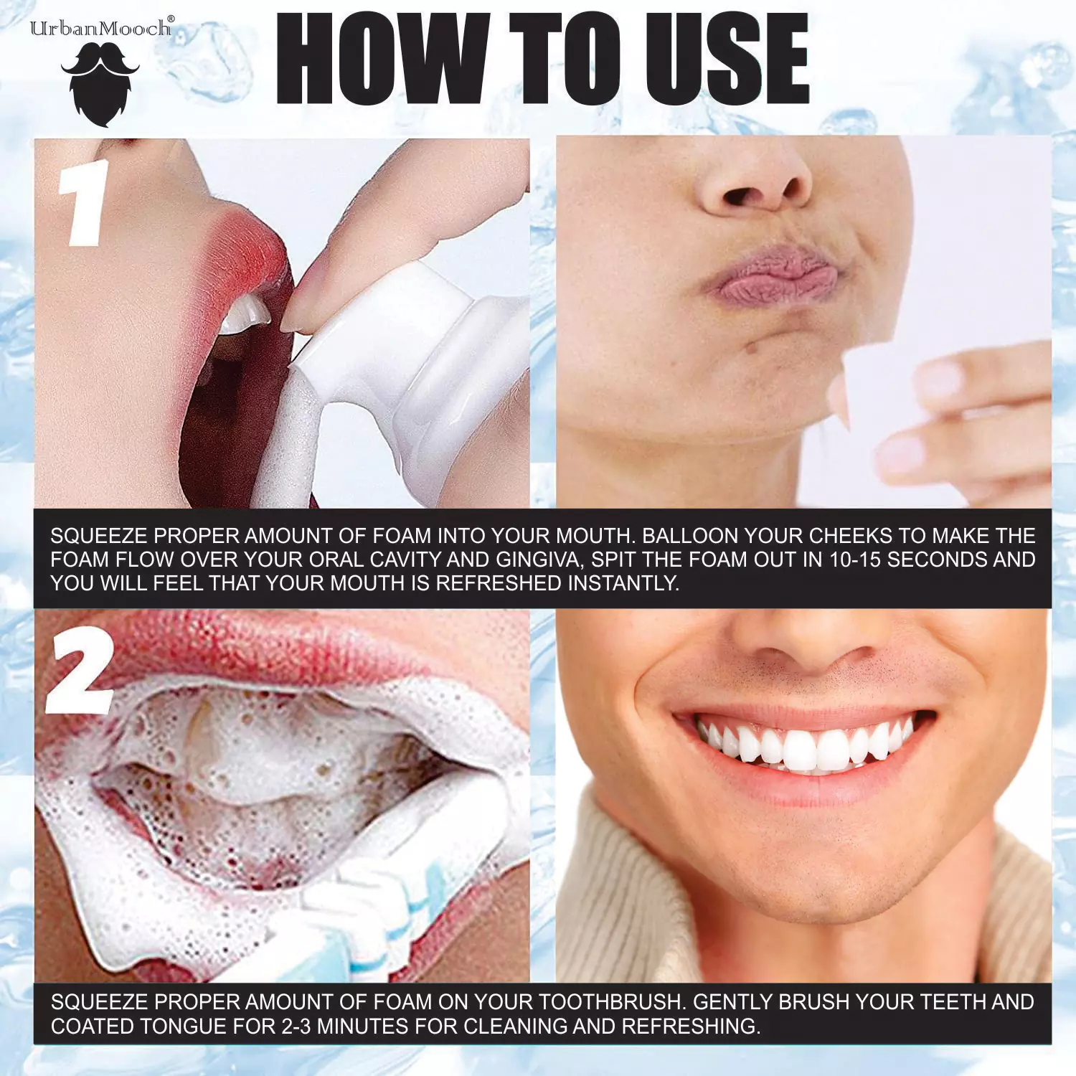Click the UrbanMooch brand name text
(x=100, y=29)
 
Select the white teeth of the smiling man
(x=803, y=746)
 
